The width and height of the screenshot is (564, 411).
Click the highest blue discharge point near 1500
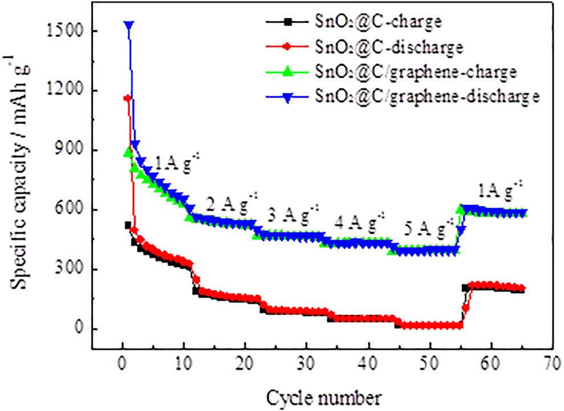[129, 25]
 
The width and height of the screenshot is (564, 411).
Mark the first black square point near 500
[128, 225]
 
